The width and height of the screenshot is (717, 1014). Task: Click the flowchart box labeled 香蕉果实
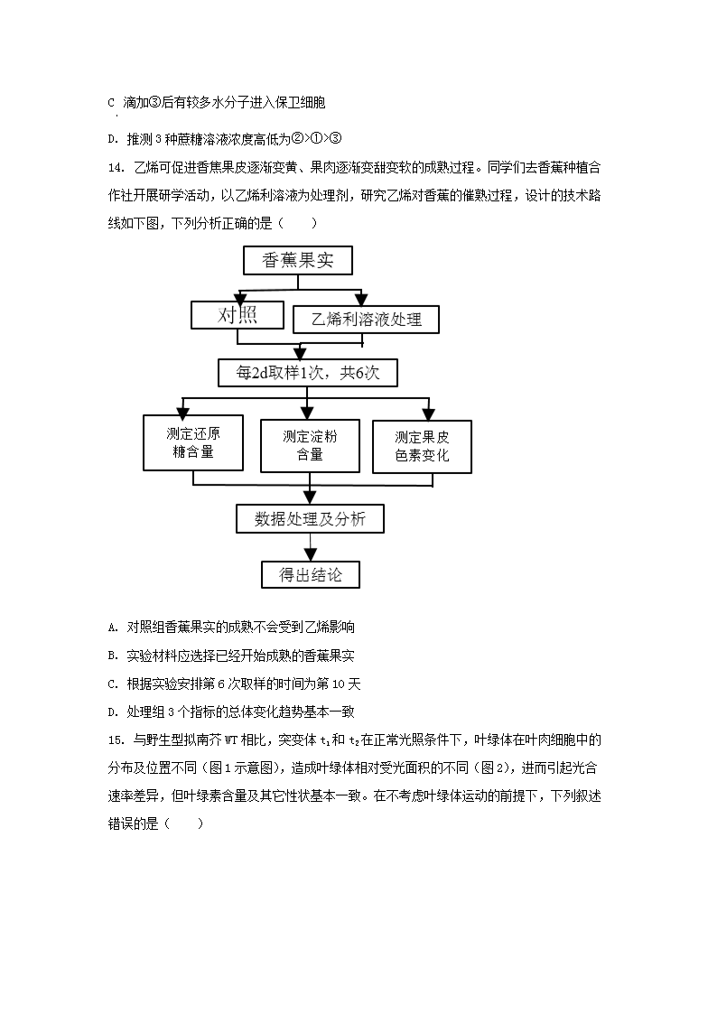tap(297, 260)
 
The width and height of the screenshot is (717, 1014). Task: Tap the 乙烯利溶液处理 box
tap(366, 319)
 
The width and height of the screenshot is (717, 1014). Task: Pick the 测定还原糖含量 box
tap(193, 442)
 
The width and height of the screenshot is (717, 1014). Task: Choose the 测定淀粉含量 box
tap(310, 445)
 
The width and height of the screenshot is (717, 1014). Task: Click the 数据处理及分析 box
tap(310, 519)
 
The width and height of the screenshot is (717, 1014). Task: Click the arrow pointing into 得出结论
tap(310, 554)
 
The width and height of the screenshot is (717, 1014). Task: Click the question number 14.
tap(114, 168)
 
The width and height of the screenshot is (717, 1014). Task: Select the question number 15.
tap(114, 740)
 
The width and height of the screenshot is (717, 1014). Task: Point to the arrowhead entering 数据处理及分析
tap(310, 498)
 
